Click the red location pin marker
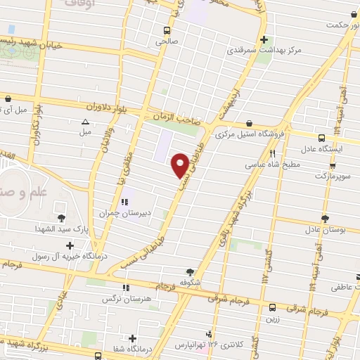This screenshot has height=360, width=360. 181,165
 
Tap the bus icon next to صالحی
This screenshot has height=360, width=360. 167,30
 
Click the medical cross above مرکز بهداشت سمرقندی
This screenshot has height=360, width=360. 264,40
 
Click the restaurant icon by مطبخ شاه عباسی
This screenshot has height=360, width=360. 272,153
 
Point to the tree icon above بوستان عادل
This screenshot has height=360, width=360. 324,219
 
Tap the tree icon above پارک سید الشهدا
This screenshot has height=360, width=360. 62,218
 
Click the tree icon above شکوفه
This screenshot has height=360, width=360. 189,271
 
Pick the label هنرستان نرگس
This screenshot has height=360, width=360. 126,299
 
